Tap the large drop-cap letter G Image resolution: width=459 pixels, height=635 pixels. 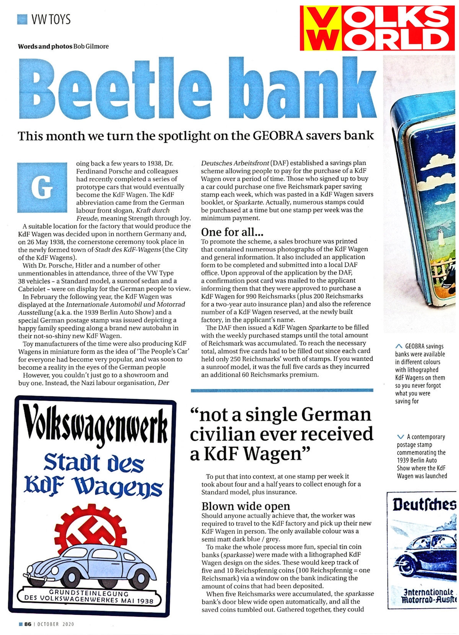[42, 187]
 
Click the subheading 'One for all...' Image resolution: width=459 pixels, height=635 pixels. [232, 232]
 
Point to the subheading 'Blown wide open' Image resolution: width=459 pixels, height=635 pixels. [246, 506]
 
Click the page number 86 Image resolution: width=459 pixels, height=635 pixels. [28, 624]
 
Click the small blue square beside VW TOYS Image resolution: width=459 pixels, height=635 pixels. [23, 19]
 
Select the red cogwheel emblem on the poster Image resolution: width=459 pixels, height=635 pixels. [91, 528]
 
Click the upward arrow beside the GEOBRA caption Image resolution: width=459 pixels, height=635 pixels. [399, 346]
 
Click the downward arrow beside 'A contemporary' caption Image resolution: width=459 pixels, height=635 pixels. [401, 437]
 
